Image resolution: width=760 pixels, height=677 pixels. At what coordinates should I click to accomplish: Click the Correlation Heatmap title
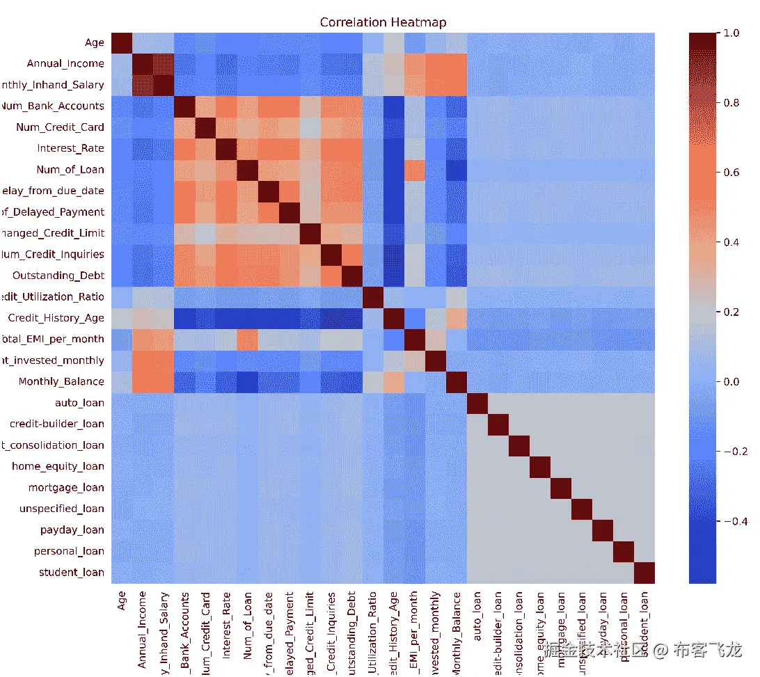click(x=383, y=22)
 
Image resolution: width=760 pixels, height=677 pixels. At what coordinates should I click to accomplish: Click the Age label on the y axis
click(x=95, y=42)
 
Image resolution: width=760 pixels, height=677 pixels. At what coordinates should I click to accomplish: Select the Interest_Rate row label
click(x=70, y=148)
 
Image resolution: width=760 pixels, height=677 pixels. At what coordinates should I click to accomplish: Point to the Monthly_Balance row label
click(x=61, y=381)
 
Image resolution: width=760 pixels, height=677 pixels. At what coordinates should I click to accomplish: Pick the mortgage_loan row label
click(x=66, y=488)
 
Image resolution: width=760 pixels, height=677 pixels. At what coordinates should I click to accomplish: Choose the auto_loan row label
click(x=79, y=403)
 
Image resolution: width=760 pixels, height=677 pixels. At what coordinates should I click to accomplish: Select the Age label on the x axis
click(x=122, y=605)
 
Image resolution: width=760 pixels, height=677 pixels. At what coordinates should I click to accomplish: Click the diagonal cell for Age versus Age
click(x=122, y=42)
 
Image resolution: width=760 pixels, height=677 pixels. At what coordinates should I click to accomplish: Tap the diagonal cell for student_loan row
click(x=644, y=573)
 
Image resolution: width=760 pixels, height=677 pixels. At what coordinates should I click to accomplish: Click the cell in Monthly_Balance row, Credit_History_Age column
click(x=393, y=381)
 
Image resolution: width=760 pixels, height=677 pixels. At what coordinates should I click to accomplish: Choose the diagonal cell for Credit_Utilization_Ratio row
click(x=372, y=297)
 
